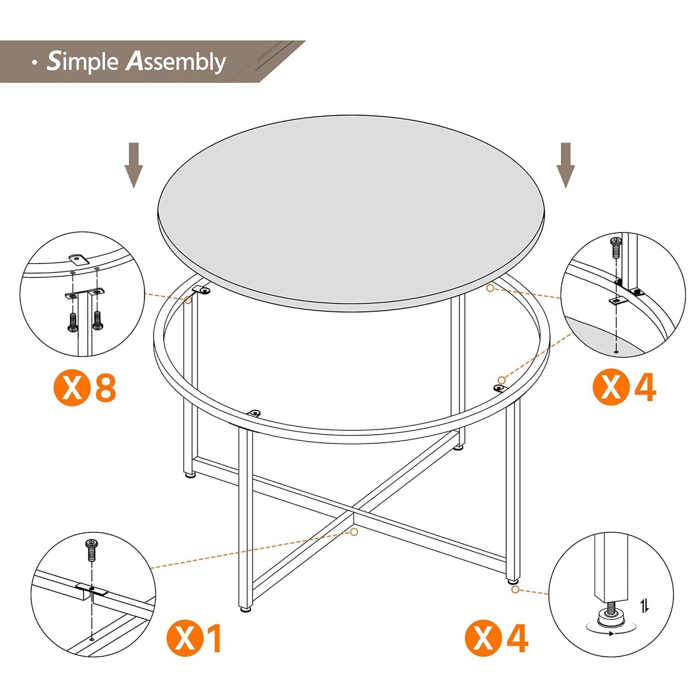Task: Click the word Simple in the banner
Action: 83,62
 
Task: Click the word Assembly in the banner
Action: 176,62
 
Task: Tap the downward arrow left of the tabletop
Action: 134,165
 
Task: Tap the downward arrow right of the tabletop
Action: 565,165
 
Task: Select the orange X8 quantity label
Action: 85,388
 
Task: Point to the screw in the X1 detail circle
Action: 92,550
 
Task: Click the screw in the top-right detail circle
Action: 615,248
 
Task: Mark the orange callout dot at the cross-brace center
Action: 354,531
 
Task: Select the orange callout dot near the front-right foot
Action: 515,589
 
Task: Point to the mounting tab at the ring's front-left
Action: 254,413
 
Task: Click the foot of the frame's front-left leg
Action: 246,609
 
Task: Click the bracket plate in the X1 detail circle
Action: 91,589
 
